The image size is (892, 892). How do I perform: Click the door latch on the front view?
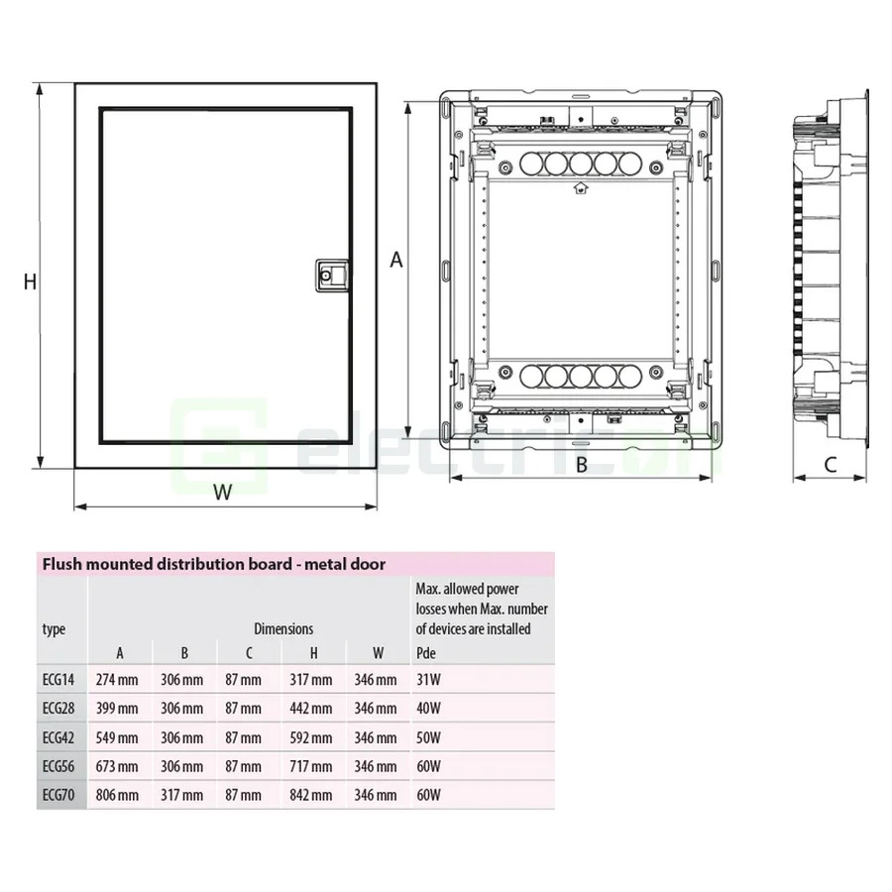point(332,275)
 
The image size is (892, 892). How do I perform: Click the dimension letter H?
point(30,281)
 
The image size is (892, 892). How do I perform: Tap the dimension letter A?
point(395,260)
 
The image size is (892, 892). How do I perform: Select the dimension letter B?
point(582,463)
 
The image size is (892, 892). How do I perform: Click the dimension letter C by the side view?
point(831,463)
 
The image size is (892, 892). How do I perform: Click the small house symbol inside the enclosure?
point(580,187)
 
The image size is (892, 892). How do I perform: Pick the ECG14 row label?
point(58,680)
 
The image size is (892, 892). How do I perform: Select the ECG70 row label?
point(58,795)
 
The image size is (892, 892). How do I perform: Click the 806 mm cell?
point(117,795)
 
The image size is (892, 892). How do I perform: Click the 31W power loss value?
point(428,680)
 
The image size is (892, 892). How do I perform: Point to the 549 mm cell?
point(117,737)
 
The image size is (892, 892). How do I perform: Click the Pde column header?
point(426,652)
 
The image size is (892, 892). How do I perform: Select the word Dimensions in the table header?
point(283,628)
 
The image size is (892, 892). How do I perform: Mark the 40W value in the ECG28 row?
point(429,709)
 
